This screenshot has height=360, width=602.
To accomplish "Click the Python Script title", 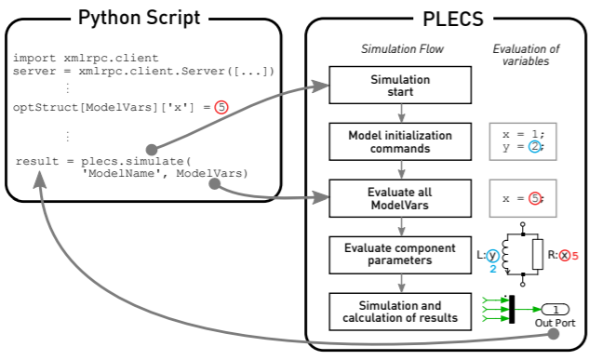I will pyautogui.click(x=140, y=18).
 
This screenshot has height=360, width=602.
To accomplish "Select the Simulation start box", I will pyautogui.click(x=400, y=85).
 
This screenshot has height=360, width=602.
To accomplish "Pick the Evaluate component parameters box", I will pyautogui.click(x=400, y=253).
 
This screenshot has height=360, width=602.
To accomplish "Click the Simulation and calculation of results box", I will pyautogui.click(x=400, y=310).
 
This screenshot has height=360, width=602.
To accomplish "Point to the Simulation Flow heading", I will pyautogui.click(x=400, y=48).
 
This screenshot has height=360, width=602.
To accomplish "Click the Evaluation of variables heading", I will pyautogui.click(x=522, y=54).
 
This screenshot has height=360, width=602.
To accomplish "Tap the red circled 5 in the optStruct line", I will pyautogui.click(x=221, y=107).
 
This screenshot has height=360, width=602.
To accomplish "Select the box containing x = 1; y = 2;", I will pyautogui.click(x=522, y=140).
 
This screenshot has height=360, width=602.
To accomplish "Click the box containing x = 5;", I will pyautogui.click(x=522, y=197).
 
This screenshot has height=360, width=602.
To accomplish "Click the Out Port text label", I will pyautogui.click(x=555, y=324).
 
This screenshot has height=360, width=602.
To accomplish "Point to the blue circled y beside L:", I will pyautogui.click(x=493, y=254).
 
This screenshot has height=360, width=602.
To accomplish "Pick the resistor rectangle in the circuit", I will pyautogui.click(x=538, y=253).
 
